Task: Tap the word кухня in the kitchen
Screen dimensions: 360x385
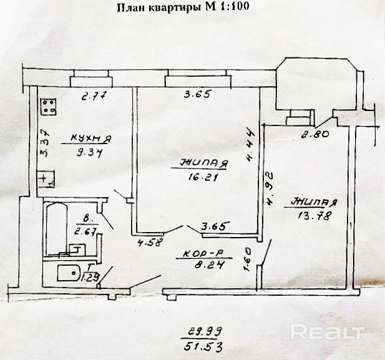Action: [x=90, y=138]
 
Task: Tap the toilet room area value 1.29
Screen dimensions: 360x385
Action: [x=90, y=276]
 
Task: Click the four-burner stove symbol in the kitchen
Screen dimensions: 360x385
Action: [x=47, y=107]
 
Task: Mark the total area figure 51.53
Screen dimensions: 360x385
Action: [x=203, y=344]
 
